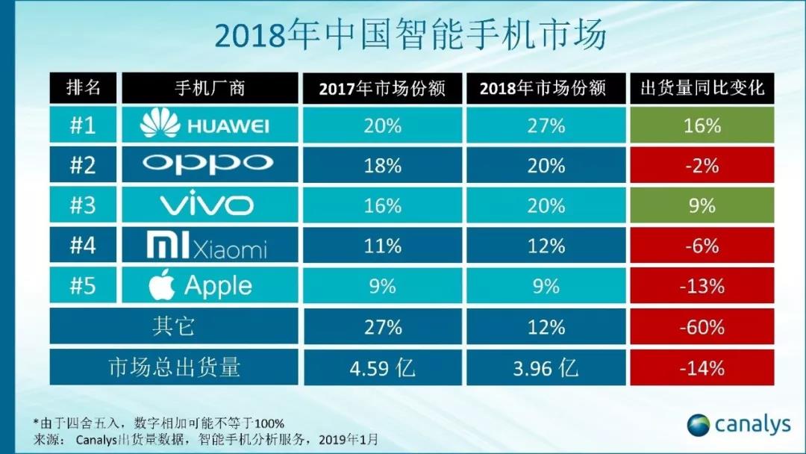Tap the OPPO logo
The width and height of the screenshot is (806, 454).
click(x=207, y=164)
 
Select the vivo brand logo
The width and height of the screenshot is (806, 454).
click(x=207, y=205)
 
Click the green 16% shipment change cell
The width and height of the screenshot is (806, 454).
click(x=702, y=125)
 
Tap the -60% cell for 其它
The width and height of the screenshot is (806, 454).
click(x=702, y=327)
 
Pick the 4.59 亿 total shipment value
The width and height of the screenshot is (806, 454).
click(x=383, y=367)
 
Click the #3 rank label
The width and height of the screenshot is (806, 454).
click(x=82, y=205)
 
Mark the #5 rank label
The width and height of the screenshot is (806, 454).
click(x=82, y=286)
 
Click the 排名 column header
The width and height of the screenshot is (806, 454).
click(x=82, y=88)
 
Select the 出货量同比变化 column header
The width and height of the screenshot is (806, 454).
click(x=702, y=88)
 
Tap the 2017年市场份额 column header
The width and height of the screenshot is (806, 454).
click(x=382, y=88)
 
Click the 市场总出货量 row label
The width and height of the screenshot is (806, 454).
click(x=174, y=367)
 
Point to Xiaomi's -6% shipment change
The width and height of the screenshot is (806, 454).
click(x=702, y=246)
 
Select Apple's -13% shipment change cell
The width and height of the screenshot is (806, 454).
click(x=702, y=286)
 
